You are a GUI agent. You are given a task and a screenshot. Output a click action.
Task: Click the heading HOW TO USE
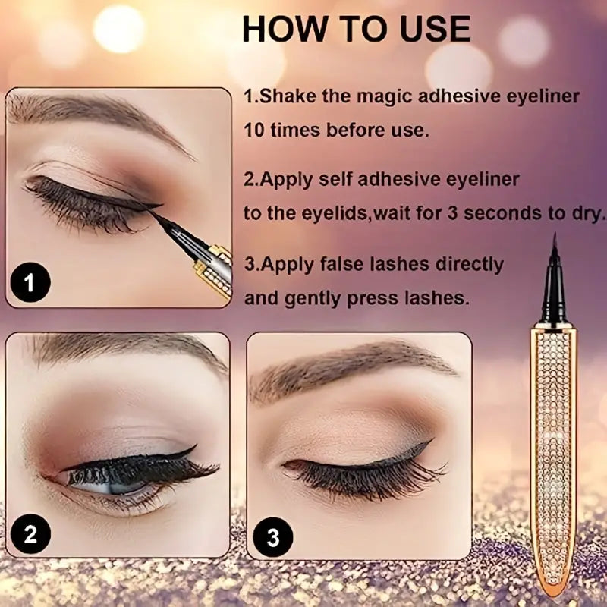(x=356, y=29)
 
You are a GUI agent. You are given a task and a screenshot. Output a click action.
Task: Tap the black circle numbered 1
(x=30, y=285)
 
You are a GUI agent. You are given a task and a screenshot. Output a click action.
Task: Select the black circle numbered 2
(x=30, y=534)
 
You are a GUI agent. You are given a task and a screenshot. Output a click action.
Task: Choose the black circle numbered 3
(x=273, y=536)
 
